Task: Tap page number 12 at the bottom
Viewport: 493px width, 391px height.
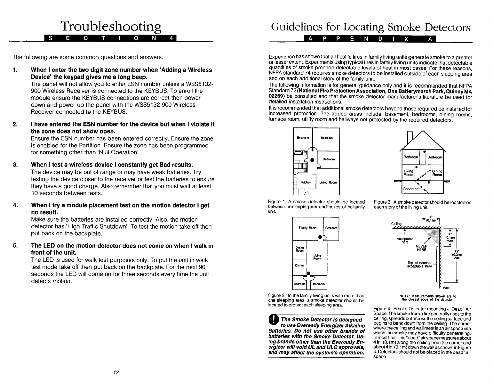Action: (116, 372)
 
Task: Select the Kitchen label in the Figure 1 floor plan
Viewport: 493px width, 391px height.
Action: (306, 182)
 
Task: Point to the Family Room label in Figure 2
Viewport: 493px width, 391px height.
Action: (307, 228)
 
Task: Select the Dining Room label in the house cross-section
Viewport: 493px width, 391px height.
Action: (437, 173)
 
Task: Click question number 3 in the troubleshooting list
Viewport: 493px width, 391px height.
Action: (15, 165)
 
